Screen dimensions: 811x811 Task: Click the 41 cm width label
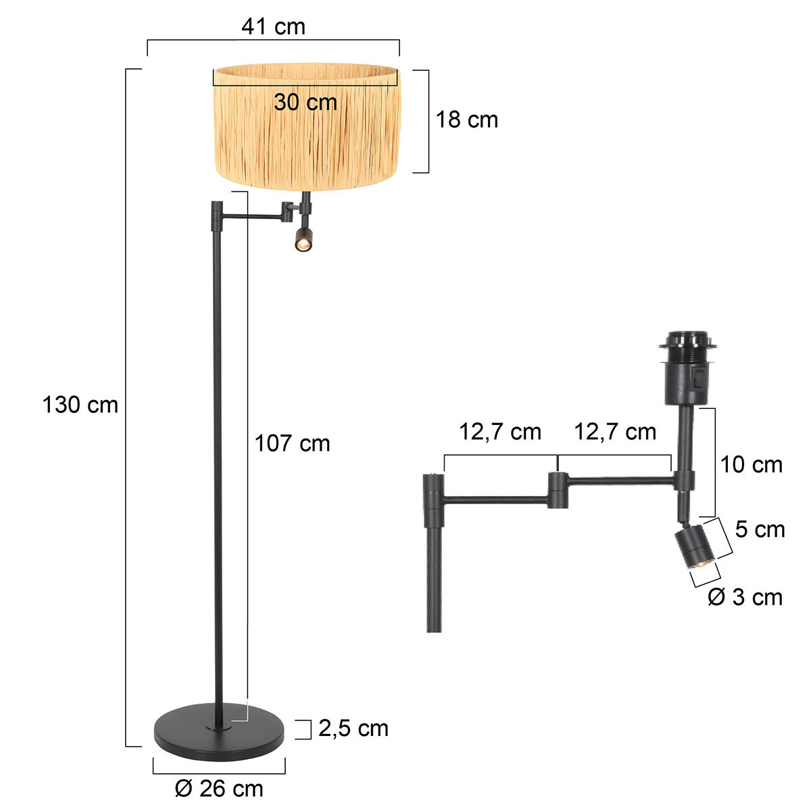pyautogui.click(x=273, y=26)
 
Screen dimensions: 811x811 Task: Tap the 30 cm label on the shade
pyautogui.click(x=305, y=102)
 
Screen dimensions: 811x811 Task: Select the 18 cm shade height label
pyautogui.click(x=466, y=120)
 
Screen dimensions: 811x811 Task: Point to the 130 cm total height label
pyautogui.click(x=80, y=405)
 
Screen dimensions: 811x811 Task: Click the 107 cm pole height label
pyautogui.click(x=292, y=443)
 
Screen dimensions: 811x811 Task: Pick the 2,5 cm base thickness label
pyautogui.click(x=353, y=728)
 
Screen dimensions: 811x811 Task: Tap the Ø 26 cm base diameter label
pyautogui.click(x=218, y=788)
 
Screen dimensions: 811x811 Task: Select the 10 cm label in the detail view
pyautogui.click(x=751, y=464)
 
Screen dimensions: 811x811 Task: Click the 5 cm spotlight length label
pyautogui.click(x=760, y=529)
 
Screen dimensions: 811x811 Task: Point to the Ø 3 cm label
pyautogui.click(x=745, y=597)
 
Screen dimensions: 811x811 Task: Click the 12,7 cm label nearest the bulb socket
pyautogui.click(x=615, y=432)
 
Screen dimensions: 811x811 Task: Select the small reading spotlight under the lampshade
pyautogui.click(x=303, y=239)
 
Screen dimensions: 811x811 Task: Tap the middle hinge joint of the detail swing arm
pyautogui.click(x=558, y=490)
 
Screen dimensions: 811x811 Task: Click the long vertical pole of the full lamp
pyautogui.click(x=218, y=473)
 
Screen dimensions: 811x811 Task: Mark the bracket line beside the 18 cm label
pyautogui.click(x=427, y=121)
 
